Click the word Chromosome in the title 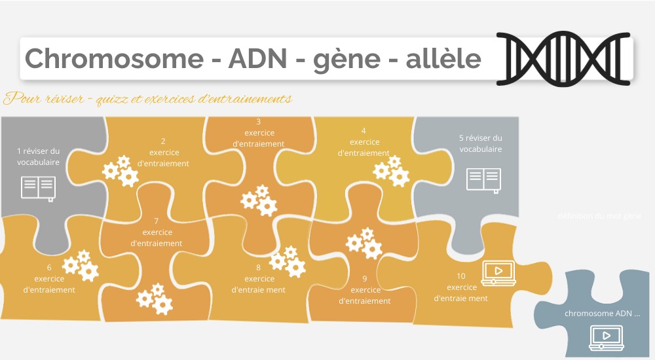click(113, 59)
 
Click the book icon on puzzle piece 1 click(38, 187)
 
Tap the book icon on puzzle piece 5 click(483, 179)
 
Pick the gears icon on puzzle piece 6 click(81, 265)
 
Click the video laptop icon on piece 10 click(498, 272)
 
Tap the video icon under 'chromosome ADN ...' click(606, 336)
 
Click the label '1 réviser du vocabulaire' click(38, 156)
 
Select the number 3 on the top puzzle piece click(258, 121)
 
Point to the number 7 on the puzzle click(157, 221)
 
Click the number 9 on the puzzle click(365, 278)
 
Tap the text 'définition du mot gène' click(599, 216)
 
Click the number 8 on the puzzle click(258, 267)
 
